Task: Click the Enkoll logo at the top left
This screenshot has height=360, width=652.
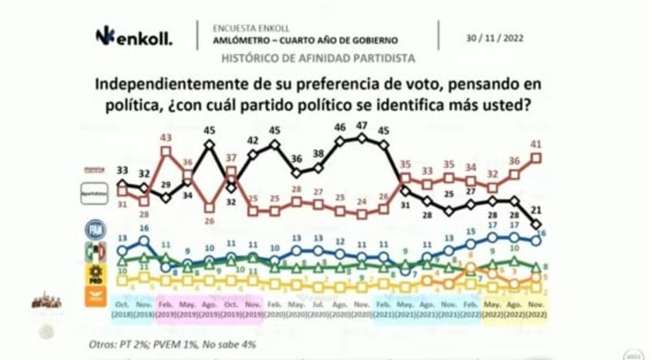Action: tap(134, 37)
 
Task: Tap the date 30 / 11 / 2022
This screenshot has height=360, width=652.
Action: tap(494, 38)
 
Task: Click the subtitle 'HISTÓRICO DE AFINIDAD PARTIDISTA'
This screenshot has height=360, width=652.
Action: tap(318, 58)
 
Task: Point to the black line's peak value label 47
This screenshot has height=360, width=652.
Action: tap(361, 125)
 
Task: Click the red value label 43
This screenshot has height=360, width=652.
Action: tap(166, 137)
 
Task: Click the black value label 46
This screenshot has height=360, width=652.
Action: tap(340, 127)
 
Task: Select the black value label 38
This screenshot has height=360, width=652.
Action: tap(318, 154)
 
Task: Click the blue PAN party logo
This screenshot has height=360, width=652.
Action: tap(95, 230)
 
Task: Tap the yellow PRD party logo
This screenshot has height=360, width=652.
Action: tap(95, 275)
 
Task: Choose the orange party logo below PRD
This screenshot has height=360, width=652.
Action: tap(95, 297)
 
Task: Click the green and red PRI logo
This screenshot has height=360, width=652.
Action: tap(95, 253)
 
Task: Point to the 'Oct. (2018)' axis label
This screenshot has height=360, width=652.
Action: tap(122, 309)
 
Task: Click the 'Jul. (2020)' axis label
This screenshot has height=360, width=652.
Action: tap(318, 309)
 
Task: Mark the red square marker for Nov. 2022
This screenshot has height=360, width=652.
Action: tap(536, 157)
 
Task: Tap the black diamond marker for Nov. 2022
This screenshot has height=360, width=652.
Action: tap(536, 224)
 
